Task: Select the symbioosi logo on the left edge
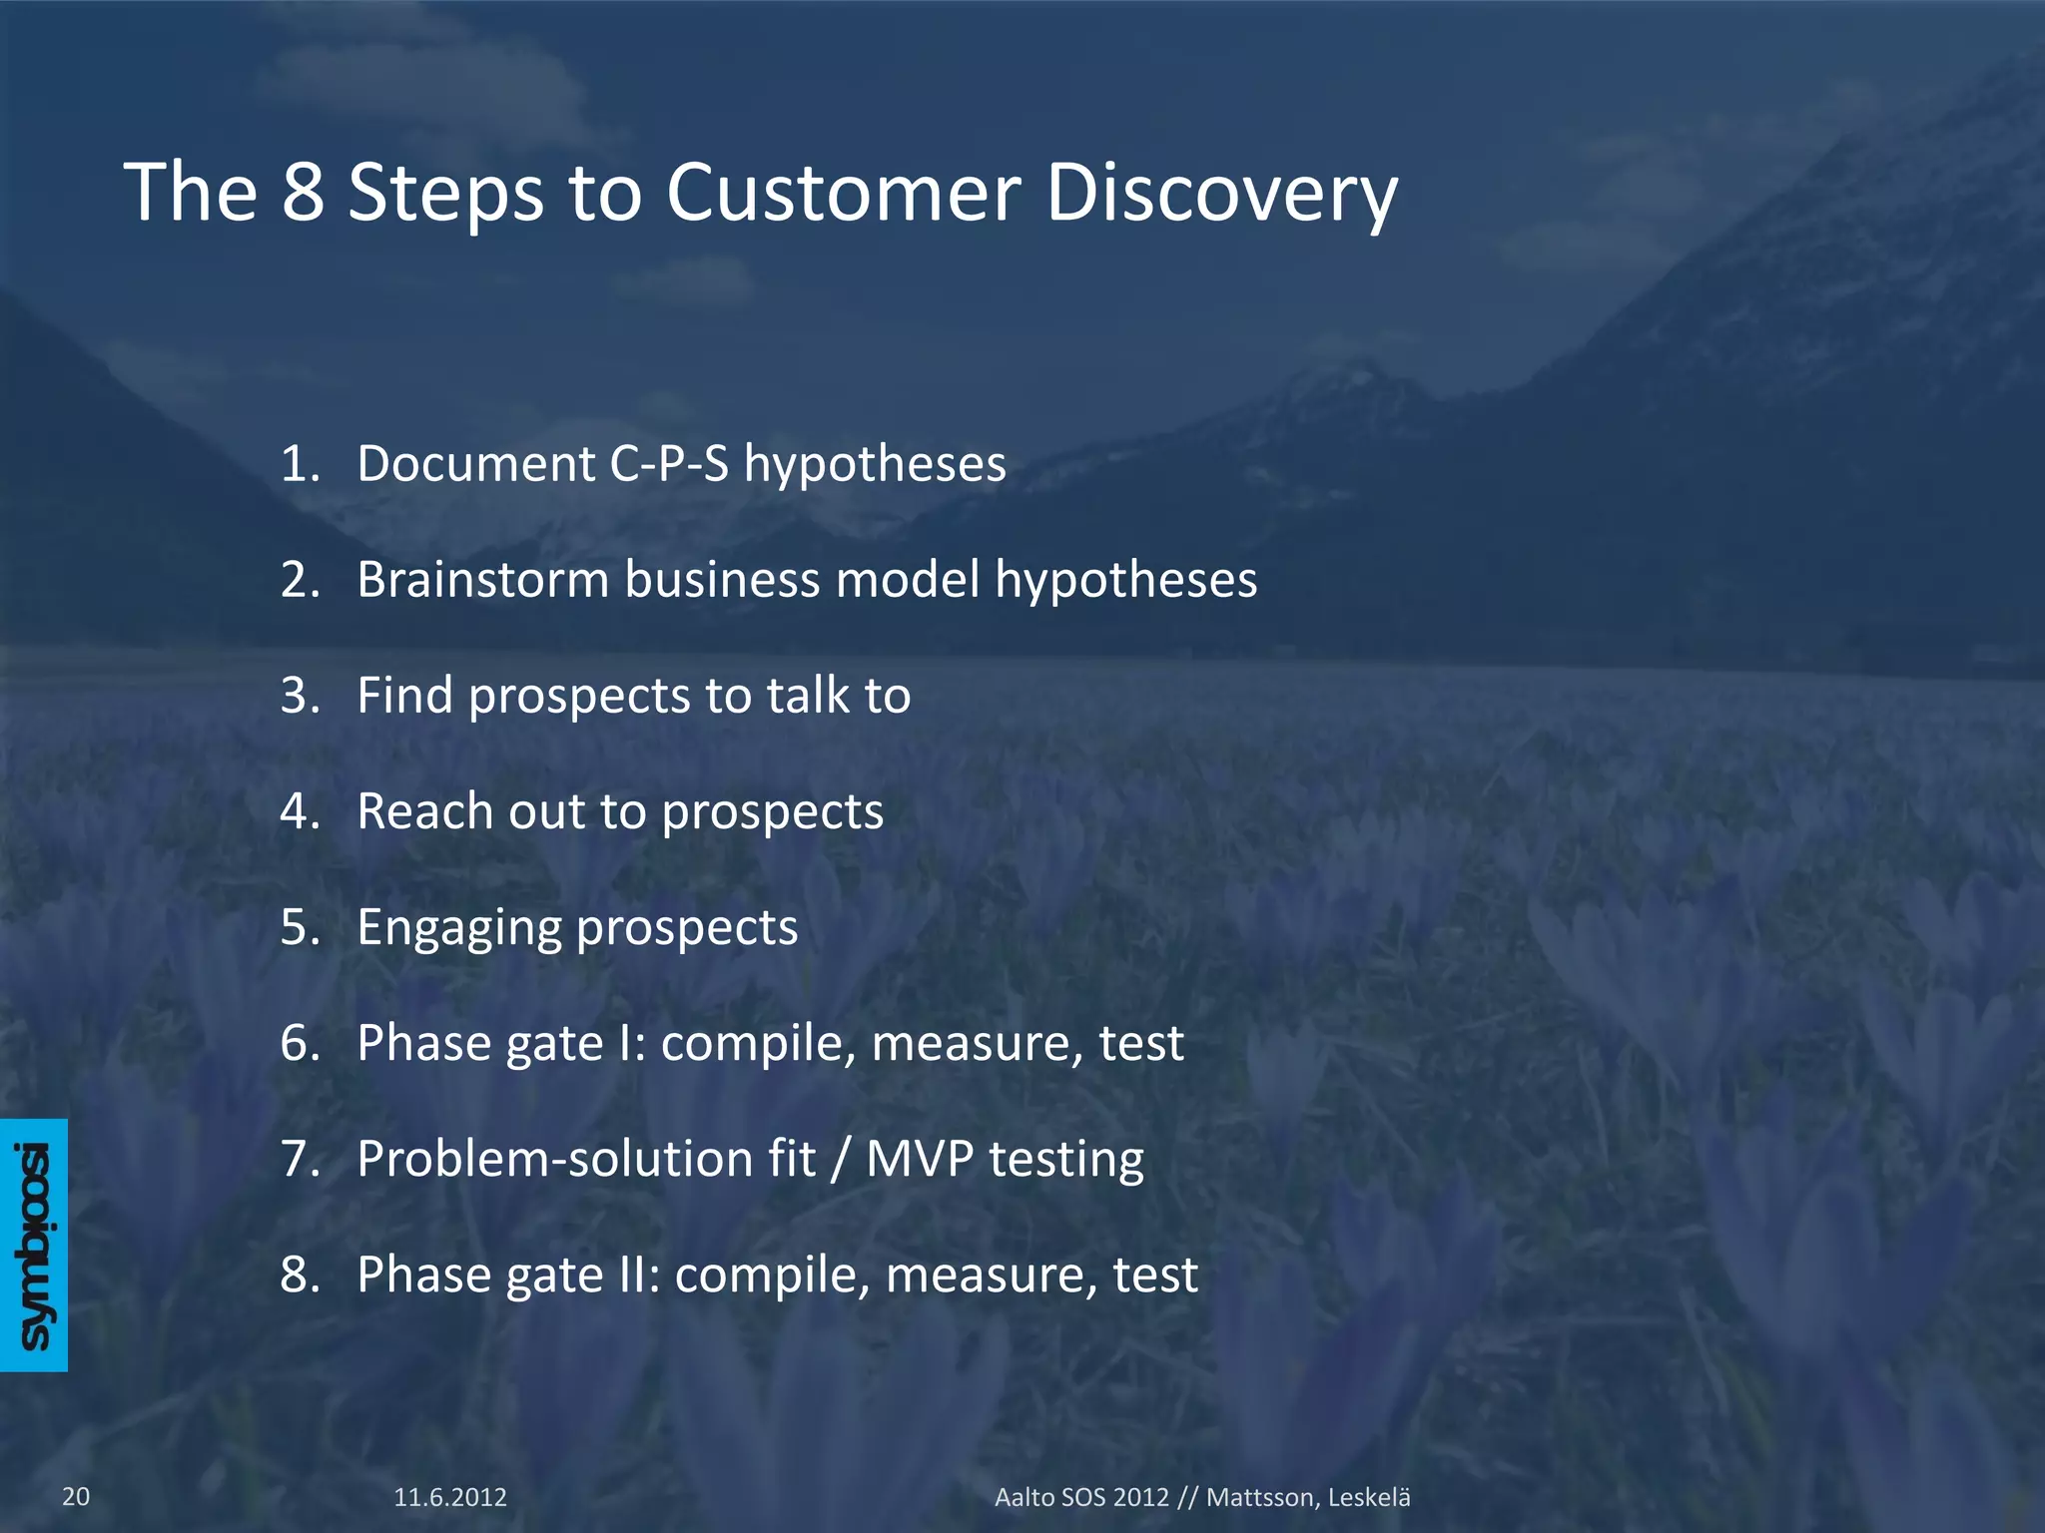(34, 1245)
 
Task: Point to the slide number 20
(76, 1496)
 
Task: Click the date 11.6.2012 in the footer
(450, 1497)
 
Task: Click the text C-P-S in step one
(669, 464)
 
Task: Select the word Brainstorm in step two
(482, 580)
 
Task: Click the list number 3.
(296, 696)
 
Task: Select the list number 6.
(296, 1043)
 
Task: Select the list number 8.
(296, 1275)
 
